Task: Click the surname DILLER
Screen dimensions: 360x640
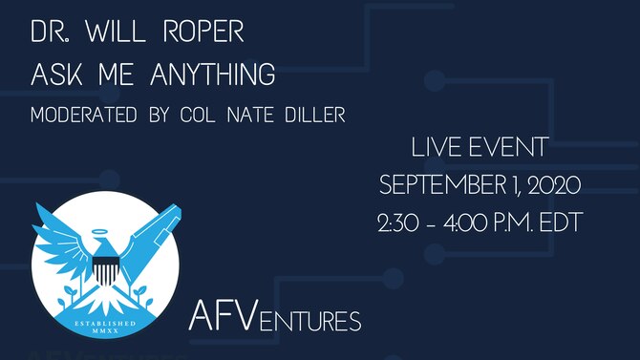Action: pos(311,115)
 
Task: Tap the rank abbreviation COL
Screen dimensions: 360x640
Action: pos(200,115)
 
